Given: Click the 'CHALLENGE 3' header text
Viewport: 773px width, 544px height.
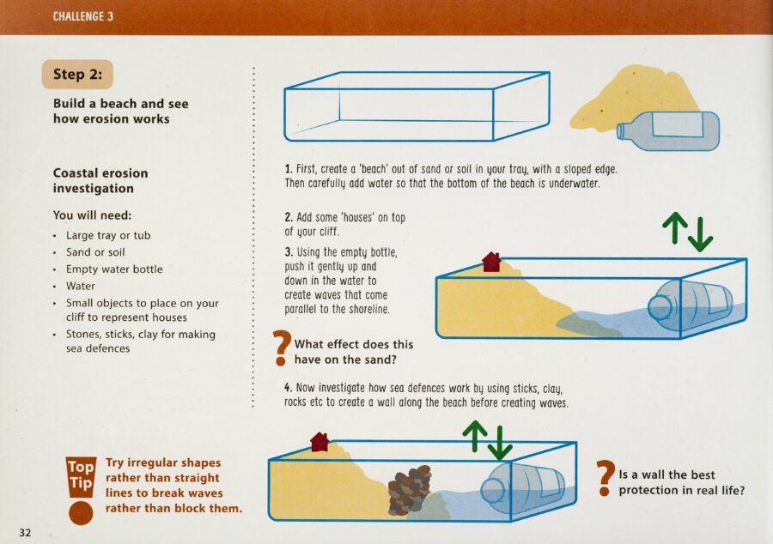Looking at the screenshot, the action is (x=82, y=16).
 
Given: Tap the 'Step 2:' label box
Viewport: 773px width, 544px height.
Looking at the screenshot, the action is (x=77, y=75).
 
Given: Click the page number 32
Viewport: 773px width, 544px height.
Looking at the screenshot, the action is (x=25, y=532).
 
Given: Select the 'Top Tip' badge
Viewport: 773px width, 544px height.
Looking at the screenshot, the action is (x=81, y=476).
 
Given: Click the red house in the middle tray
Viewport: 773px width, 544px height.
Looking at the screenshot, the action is (x=491, y=262).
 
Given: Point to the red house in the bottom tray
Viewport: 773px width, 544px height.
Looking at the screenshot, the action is (x=320, y=442).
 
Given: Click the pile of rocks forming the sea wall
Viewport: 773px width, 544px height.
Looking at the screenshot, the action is (x=409, y=489).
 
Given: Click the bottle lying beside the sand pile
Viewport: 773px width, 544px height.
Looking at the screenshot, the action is (x=668, y=130).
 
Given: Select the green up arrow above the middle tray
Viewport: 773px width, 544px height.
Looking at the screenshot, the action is (x=674, y=228).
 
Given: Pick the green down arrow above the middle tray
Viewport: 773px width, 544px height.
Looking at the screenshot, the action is (x=700, y=234).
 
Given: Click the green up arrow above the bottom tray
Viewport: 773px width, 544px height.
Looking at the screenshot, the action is (x=475, y=436).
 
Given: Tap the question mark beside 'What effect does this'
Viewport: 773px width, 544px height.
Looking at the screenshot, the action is (x=281, y=348).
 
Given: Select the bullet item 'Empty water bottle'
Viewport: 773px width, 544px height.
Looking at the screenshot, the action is (x=114, y=269).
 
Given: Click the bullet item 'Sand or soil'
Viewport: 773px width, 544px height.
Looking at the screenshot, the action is (x=95, y=252).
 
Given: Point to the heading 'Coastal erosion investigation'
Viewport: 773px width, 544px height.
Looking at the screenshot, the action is (x=100, y=181).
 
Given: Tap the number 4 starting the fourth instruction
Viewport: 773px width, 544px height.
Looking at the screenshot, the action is (x=288, y=388).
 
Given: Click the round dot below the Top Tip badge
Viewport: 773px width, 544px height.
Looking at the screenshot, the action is (x=81, y=513).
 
